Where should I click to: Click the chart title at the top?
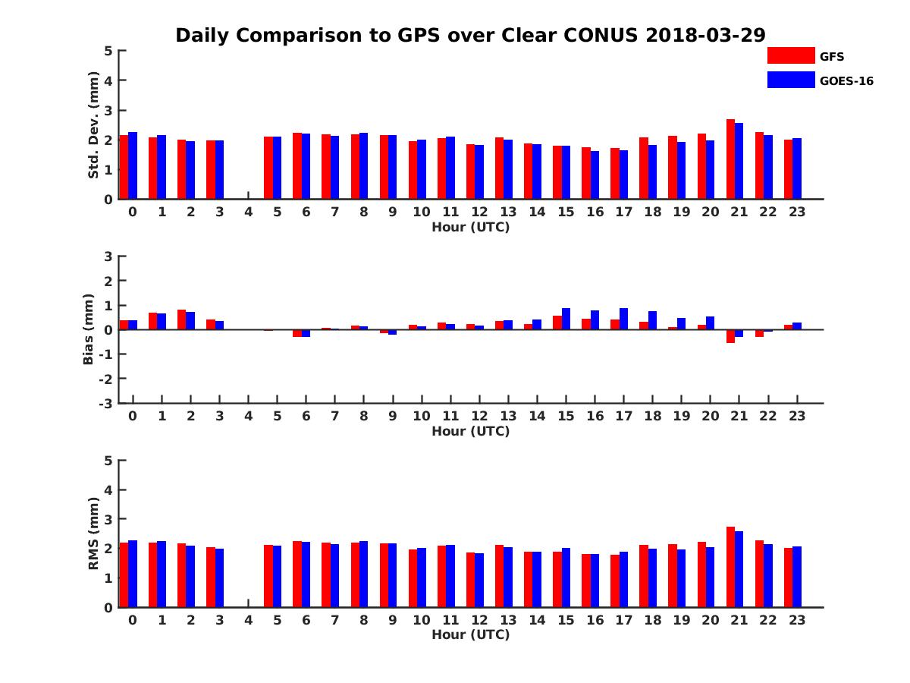pos(470,36)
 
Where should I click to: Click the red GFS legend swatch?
pos(790,55)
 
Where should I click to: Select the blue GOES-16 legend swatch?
pos(790,80)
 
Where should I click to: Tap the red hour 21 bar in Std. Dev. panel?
pos(730,159)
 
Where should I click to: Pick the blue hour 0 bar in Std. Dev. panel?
pos(133,165)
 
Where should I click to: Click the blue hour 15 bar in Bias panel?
pos(566,319)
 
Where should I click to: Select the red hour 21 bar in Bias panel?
pos(730,336)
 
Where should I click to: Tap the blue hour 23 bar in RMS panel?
pos(797,577)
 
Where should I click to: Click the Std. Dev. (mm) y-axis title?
pos(94,125)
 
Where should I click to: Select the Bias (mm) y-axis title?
pos(89,329)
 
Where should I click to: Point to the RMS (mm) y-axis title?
pos(94,533)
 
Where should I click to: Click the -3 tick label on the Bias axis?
pos(106,403)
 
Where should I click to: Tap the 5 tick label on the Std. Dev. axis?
pos(109,51)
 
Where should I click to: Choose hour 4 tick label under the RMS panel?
pos(248,620)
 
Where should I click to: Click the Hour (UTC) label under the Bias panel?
pos(470,431)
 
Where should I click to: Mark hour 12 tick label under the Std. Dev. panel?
pos(479,212)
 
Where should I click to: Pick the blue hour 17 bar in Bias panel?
pos(623,319)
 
